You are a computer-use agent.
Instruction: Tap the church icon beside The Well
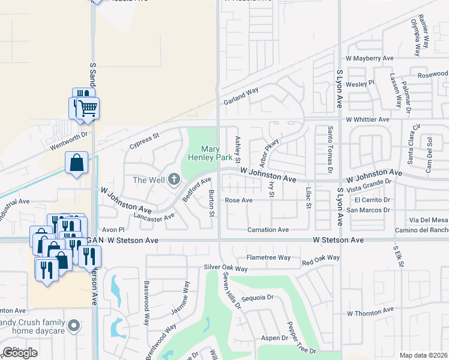coord(174,179)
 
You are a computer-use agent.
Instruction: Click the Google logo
coord(20,353)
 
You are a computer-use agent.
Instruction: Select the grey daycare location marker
coord(74,326)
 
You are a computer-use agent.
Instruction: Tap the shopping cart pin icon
coord(88,107)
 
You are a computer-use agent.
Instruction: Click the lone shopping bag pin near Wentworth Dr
coord(77,163)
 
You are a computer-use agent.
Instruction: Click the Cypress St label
coord(143,142)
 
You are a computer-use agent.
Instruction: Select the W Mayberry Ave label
coord(369,59)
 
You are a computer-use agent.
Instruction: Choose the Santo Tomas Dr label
coord(330,146)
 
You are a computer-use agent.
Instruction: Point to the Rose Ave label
coord(238,200)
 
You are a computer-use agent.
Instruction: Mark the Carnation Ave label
coord(268,230)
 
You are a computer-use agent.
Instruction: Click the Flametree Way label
coord(268,258)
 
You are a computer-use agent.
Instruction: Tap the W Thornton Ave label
coord(369,313)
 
